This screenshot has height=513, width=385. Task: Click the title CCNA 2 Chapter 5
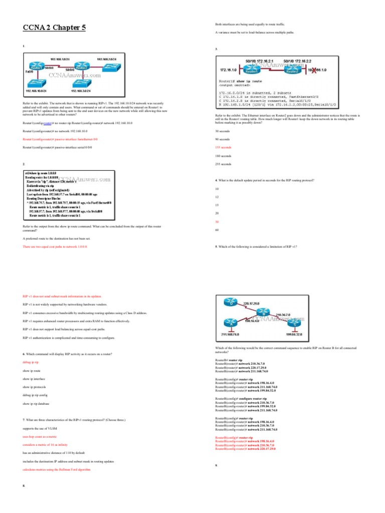pyautogui.click(x=54, y=28)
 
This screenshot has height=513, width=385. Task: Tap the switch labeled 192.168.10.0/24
pyautogui.click(x=36, y=83)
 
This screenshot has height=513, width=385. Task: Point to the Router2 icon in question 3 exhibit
pyautogui.click(x=292, y=70)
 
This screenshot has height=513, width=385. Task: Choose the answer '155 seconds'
pyautogui.click(x=224, y=147)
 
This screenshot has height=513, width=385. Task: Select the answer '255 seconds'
pyautogui.click(x=224, y=164)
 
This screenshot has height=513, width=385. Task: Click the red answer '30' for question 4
pyautogui.click(x=217, y=221)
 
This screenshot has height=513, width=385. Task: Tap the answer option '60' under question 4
pyautogui.click(x=217, y=229)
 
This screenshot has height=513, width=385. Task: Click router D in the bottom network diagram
pyautogui.click(x=232, y=303)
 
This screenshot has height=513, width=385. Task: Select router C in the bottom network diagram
pyautogui.click(x=297, y=323)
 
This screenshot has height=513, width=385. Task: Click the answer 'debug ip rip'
pyautogui.click(x=31, y=362)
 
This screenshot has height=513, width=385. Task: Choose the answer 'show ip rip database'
pyautogui.click(x=38, y=403)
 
